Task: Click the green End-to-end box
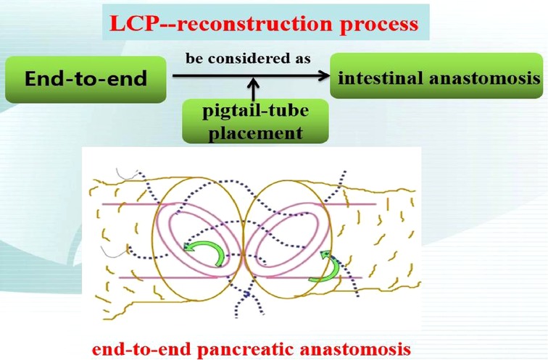[86, 79]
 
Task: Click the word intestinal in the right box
[380, 78]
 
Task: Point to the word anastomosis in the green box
[485, 78]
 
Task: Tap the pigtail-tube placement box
[255, 121]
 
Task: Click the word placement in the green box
[255, 133]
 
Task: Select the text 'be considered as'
[248, 59]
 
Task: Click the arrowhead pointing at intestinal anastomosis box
[324, 75]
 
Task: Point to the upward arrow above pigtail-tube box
[254, 89]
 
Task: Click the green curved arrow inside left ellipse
[204, 251]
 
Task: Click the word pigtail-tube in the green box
[255, 111]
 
